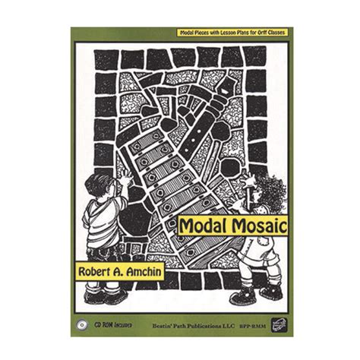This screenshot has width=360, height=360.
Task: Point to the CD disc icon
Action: (81, 326)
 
